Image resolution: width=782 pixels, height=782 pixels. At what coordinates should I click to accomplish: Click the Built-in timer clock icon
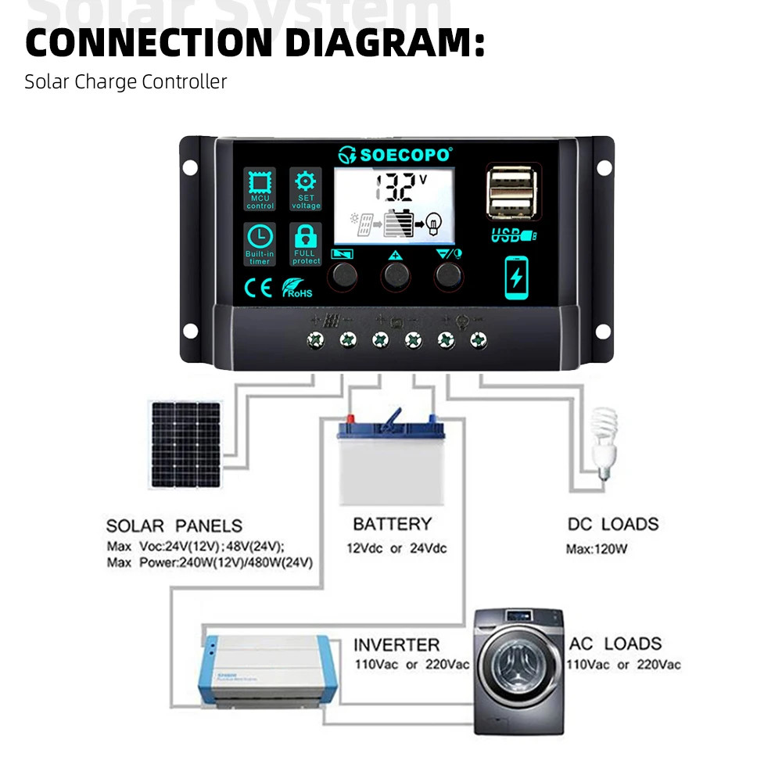pos(260,239)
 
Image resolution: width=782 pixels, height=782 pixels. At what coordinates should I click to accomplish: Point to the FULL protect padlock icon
pos(306,238)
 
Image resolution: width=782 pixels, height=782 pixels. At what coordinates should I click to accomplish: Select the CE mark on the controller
pos(258,289)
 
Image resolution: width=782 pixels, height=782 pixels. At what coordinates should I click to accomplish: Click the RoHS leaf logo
pos(296,289)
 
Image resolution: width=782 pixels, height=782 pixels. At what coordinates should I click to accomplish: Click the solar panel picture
pos(185,445)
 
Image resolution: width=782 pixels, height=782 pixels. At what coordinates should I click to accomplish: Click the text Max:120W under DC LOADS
pos(597,549)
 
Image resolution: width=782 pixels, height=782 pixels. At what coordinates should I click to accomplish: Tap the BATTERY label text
pos(392,524)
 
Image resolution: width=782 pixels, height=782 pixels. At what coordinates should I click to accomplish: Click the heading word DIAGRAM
pos(383,42)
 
